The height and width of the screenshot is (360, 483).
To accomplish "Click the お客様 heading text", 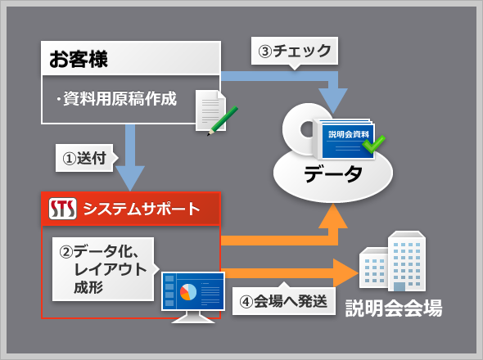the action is pos(79,59).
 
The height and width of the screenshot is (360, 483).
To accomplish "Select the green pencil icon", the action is pos(223,121).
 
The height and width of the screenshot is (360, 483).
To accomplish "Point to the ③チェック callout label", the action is pos(295,51).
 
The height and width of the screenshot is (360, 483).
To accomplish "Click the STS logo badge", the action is pos(62,209).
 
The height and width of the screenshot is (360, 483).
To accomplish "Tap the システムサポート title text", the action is pos(142,209).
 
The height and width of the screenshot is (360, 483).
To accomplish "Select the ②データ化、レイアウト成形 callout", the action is pos(103,269).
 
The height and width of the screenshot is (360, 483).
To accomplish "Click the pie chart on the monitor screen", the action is pos(188,291).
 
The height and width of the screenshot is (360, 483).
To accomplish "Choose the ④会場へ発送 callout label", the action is pos(284,300).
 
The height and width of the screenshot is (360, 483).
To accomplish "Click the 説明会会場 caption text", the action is pos(394,308).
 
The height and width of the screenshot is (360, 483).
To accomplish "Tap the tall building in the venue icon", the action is pos(407,261).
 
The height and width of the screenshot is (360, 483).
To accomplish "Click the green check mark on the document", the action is pos(373,144).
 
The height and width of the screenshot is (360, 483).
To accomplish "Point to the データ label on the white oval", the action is pos(333,173).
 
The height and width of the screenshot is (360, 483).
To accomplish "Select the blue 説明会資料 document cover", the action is pos(348,141).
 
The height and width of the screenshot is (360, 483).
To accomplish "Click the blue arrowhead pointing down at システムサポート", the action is pos(130,178).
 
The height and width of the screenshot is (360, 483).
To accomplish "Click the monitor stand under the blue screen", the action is pos(193,317).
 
